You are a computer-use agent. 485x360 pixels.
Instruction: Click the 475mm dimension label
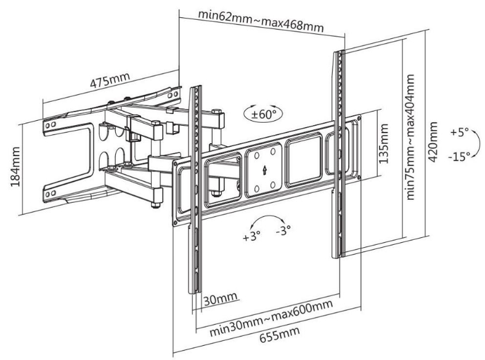pyautogui.click(x=110, y=80)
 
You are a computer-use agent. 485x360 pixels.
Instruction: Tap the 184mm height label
pyautogui.click(x=15, y=166)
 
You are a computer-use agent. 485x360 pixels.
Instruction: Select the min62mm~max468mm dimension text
pyautogui.click(x=261, y=21)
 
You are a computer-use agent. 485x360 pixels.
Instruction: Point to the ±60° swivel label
pyautogui.click(x=263, y=115)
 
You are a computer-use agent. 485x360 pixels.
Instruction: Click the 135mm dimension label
pyautogui.click(x=383, y=144)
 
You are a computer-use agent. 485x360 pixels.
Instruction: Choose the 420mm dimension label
pyautogui.click(x=433, y=142)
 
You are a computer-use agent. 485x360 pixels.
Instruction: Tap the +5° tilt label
pyautogui.click(x=459, y=132)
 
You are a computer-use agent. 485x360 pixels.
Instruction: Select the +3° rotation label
pyautogui.click(x=251, y=237)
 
